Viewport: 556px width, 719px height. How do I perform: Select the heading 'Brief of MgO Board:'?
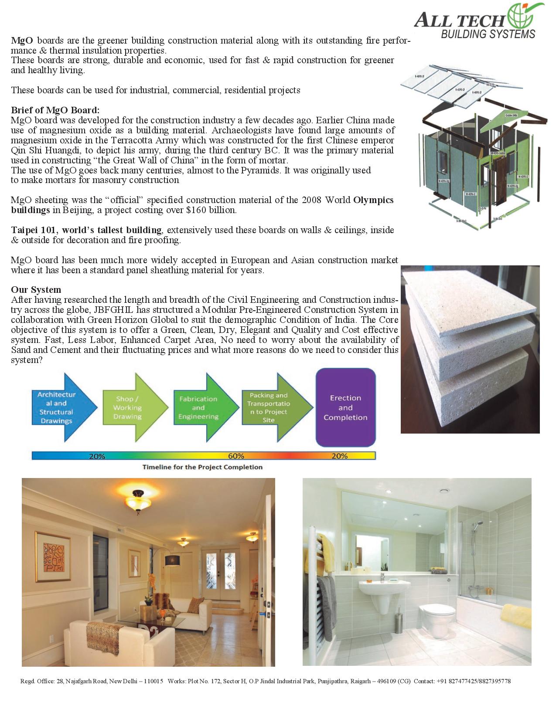[x=55, y=110]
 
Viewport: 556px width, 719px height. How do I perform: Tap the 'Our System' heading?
[x=36, y=290]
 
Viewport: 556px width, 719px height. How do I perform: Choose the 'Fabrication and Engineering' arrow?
[x=201, y=408]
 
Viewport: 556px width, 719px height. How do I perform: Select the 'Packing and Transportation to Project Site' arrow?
[x=273, y=407]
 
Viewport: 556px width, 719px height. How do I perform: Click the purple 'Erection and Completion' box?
[x=345, y=408]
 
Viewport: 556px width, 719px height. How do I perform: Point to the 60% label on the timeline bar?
[x=236, y=456]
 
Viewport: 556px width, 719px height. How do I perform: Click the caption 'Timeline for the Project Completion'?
[x=202, y=467]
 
